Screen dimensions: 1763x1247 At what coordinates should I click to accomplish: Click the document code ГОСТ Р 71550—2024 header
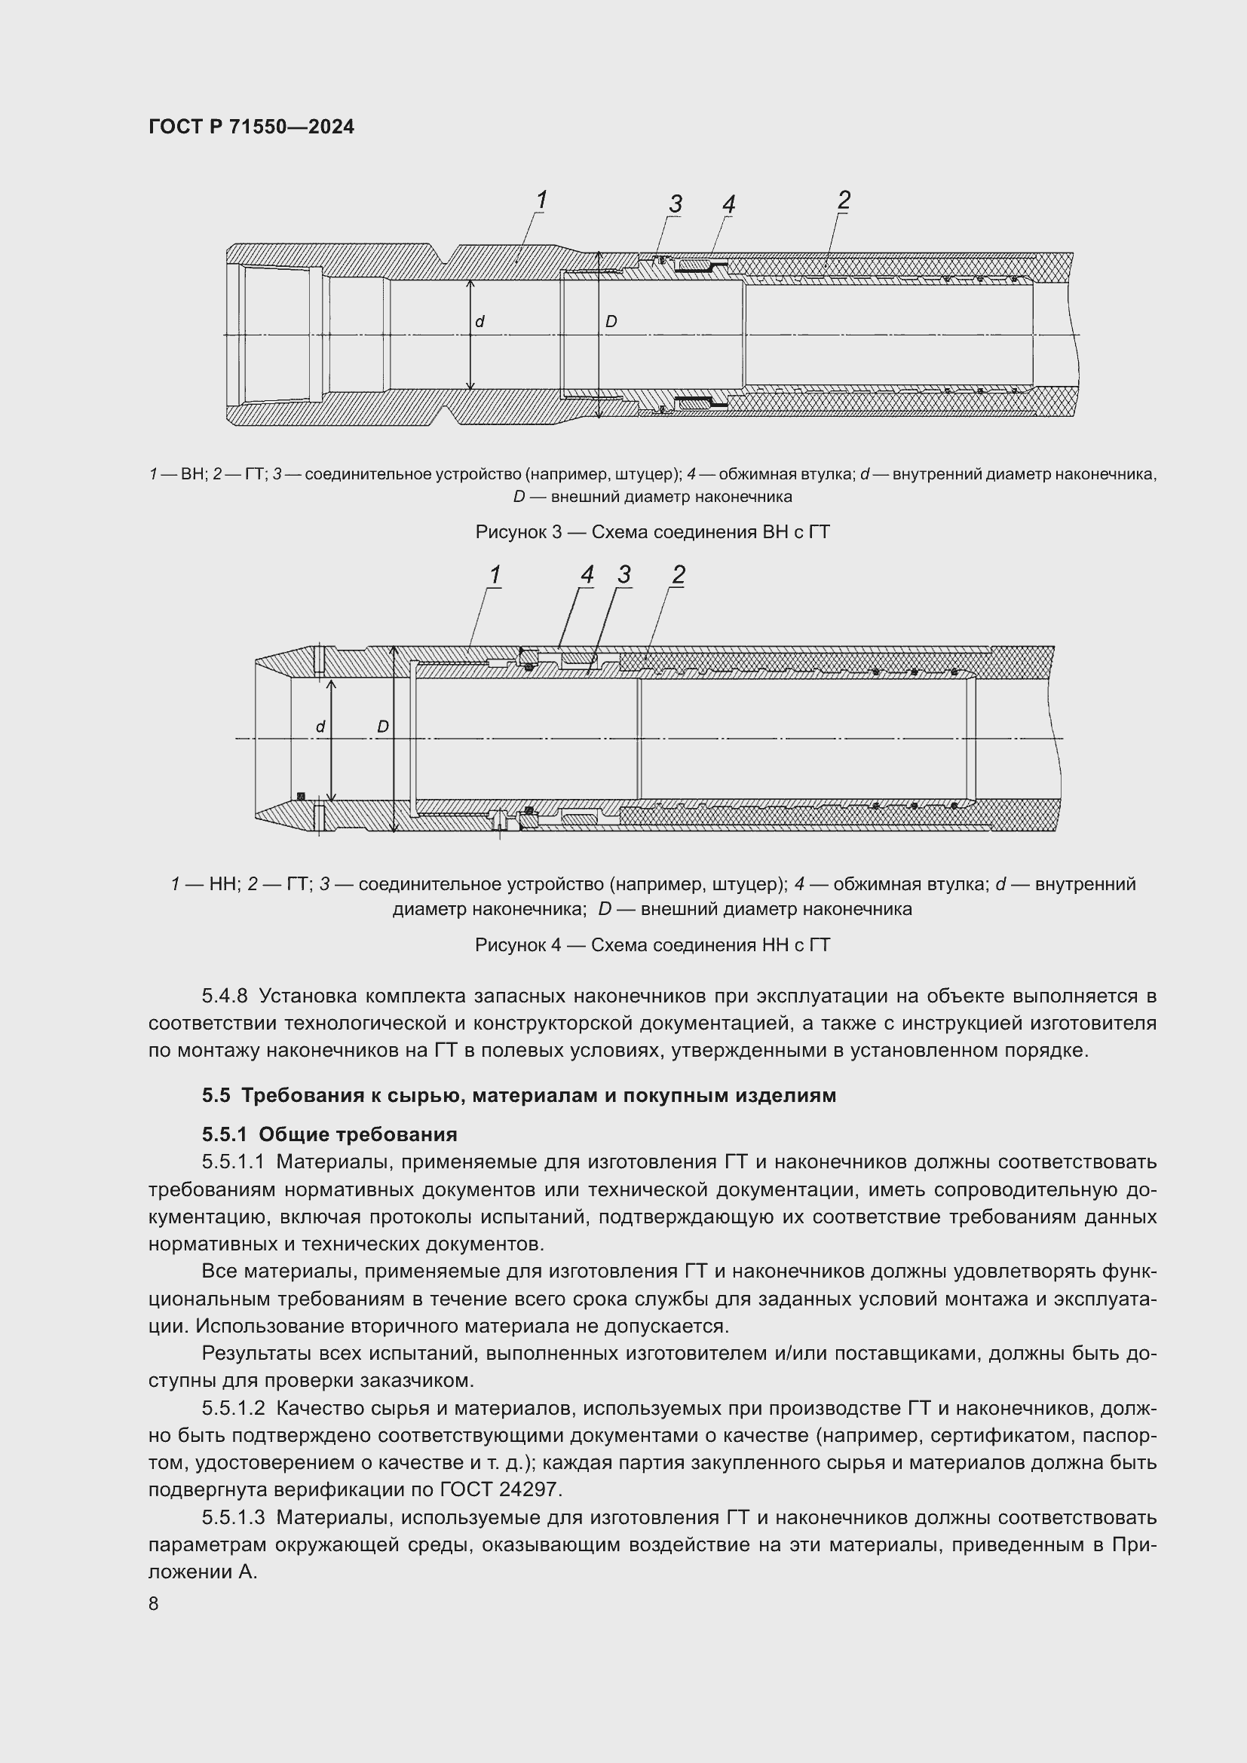click(x=251, y=127)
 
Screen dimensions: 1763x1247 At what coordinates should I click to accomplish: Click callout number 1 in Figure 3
click(x=541, y=200)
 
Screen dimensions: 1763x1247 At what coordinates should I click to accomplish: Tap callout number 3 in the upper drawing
click(x=675, y=204)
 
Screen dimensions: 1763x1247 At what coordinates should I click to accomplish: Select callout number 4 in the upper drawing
click(x=728, y=204)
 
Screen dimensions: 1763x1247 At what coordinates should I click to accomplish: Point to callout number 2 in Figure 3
click(x=843, y=200)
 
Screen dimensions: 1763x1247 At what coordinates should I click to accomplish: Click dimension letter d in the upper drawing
click(x=480, y=323)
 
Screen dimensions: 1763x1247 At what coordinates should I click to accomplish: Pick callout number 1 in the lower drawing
click(x=495, y=575)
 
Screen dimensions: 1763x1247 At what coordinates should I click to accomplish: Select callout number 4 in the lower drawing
click(x=587, y=575)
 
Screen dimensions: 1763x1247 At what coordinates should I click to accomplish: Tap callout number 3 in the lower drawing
click(x=623, y=575)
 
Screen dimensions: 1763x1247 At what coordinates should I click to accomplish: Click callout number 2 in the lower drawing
click(x=678, y=575)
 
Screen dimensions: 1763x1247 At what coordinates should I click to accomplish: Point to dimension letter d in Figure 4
click(x=321, y=727)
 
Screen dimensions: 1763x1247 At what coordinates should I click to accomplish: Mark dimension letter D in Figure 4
click(x=382, y=727)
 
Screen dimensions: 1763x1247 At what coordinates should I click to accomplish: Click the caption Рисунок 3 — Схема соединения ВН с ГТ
click(x=653, y=532)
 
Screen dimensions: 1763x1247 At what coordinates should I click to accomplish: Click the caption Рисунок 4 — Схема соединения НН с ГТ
click(x=653, y=944)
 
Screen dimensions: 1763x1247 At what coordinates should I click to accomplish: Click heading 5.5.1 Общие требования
click(x=329, y=1135)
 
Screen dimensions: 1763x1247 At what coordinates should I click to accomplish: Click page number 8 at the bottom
click(x=154, y=1604)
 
